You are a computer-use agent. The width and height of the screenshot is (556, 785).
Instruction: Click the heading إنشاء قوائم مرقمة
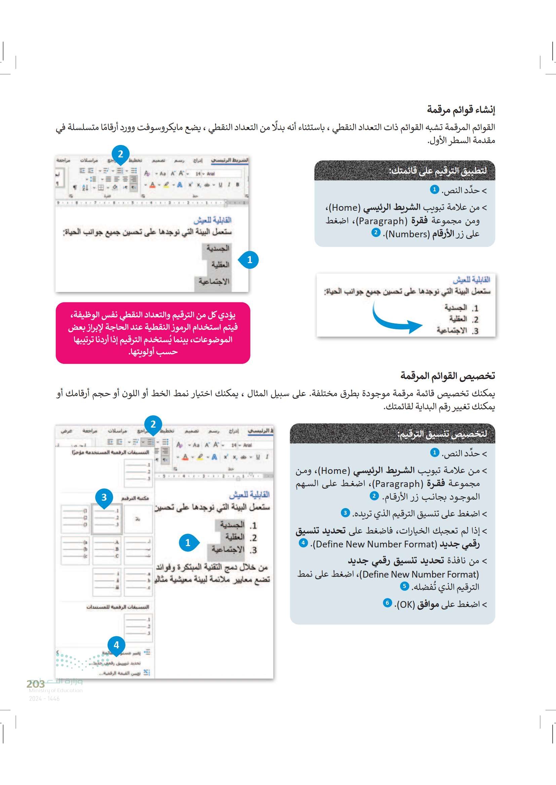(461, 110)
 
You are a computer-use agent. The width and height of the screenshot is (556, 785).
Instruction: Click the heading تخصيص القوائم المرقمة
(447, 376)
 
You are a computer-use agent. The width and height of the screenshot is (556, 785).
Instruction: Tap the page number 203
(36, 684)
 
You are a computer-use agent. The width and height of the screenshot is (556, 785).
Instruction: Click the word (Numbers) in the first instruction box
(407, 234)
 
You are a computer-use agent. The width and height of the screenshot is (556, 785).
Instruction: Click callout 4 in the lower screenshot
(116, 645)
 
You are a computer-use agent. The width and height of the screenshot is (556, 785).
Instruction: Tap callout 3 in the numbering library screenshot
(104, 497)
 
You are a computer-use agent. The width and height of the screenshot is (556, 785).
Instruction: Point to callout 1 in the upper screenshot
(249, 260)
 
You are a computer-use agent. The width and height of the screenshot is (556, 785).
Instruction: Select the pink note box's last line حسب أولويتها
(153, 352)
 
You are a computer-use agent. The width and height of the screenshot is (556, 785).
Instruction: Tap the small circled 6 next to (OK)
(387, 603)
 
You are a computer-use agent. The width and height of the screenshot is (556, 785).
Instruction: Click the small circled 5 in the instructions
(404, 586)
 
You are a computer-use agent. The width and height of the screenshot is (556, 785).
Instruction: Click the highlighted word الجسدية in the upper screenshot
(217, 248)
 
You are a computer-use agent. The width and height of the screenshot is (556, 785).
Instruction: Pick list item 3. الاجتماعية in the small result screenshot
(458, 331)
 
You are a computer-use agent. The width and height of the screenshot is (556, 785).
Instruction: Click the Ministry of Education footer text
(55, 690)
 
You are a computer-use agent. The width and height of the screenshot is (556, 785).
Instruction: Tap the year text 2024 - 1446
(44, 698)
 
